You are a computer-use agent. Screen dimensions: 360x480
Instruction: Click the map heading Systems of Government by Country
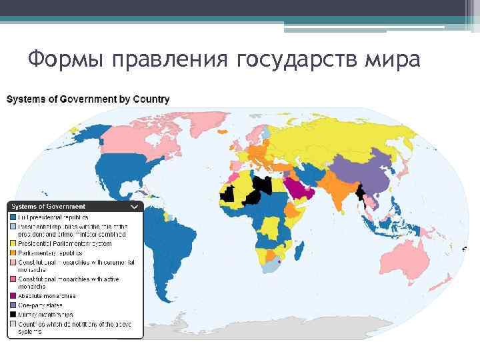click(88, 99)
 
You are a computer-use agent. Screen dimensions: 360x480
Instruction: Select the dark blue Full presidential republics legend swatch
click(13, 217)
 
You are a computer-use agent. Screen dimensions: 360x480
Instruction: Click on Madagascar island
click(301, 251)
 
